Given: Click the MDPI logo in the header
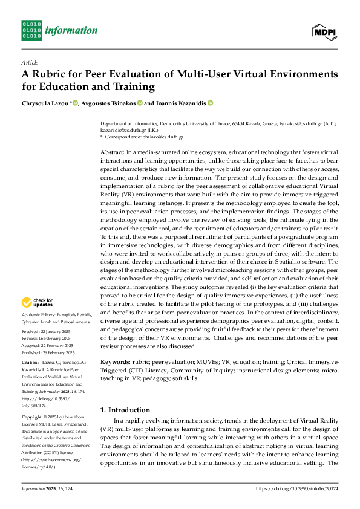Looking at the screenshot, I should [324, 31].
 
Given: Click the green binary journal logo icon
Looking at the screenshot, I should [31, 30].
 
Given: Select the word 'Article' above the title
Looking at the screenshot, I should [29, 62].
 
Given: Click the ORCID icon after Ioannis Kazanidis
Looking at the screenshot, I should [210, 103].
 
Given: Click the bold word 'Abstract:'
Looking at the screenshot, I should [113, 151].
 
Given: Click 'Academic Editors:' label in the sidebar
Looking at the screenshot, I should [39, 316].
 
